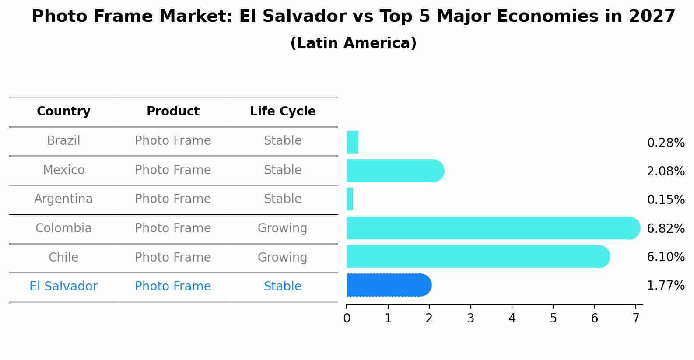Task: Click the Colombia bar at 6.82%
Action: click(x=493, y=228)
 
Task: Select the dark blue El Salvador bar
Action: click(x=389, y=285)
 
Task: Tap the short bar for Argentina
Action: click(x=350, y=199)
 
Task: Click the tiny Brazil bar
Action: click(x=352, y=142)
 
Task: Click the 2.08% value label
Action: click(x=666, y=171)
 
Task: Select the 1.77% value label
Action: click(x=666, y=286)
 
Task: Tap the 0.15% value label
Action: click(x=666, y=200)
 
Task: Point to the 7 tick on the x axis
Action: click(x=636, y=318)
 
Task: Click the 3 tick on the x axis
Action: click(x=470, y=318)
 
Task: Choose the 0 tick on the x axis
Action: click(x=347, y=318)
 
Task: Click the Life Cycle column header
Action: click(x=283, y=112)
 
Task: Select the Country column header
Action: click(x=63, y=112)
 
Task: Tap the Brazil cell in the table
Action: click(x=63, y=141)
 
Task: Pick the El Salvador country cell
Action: click(x=63, y=287)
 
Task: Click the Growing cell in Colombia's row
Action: click(x=283, y=228)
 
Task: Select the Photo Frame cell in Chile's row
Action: click(x=173, y=257)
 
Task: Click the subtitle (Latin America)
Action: click(x=353, y=43)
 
